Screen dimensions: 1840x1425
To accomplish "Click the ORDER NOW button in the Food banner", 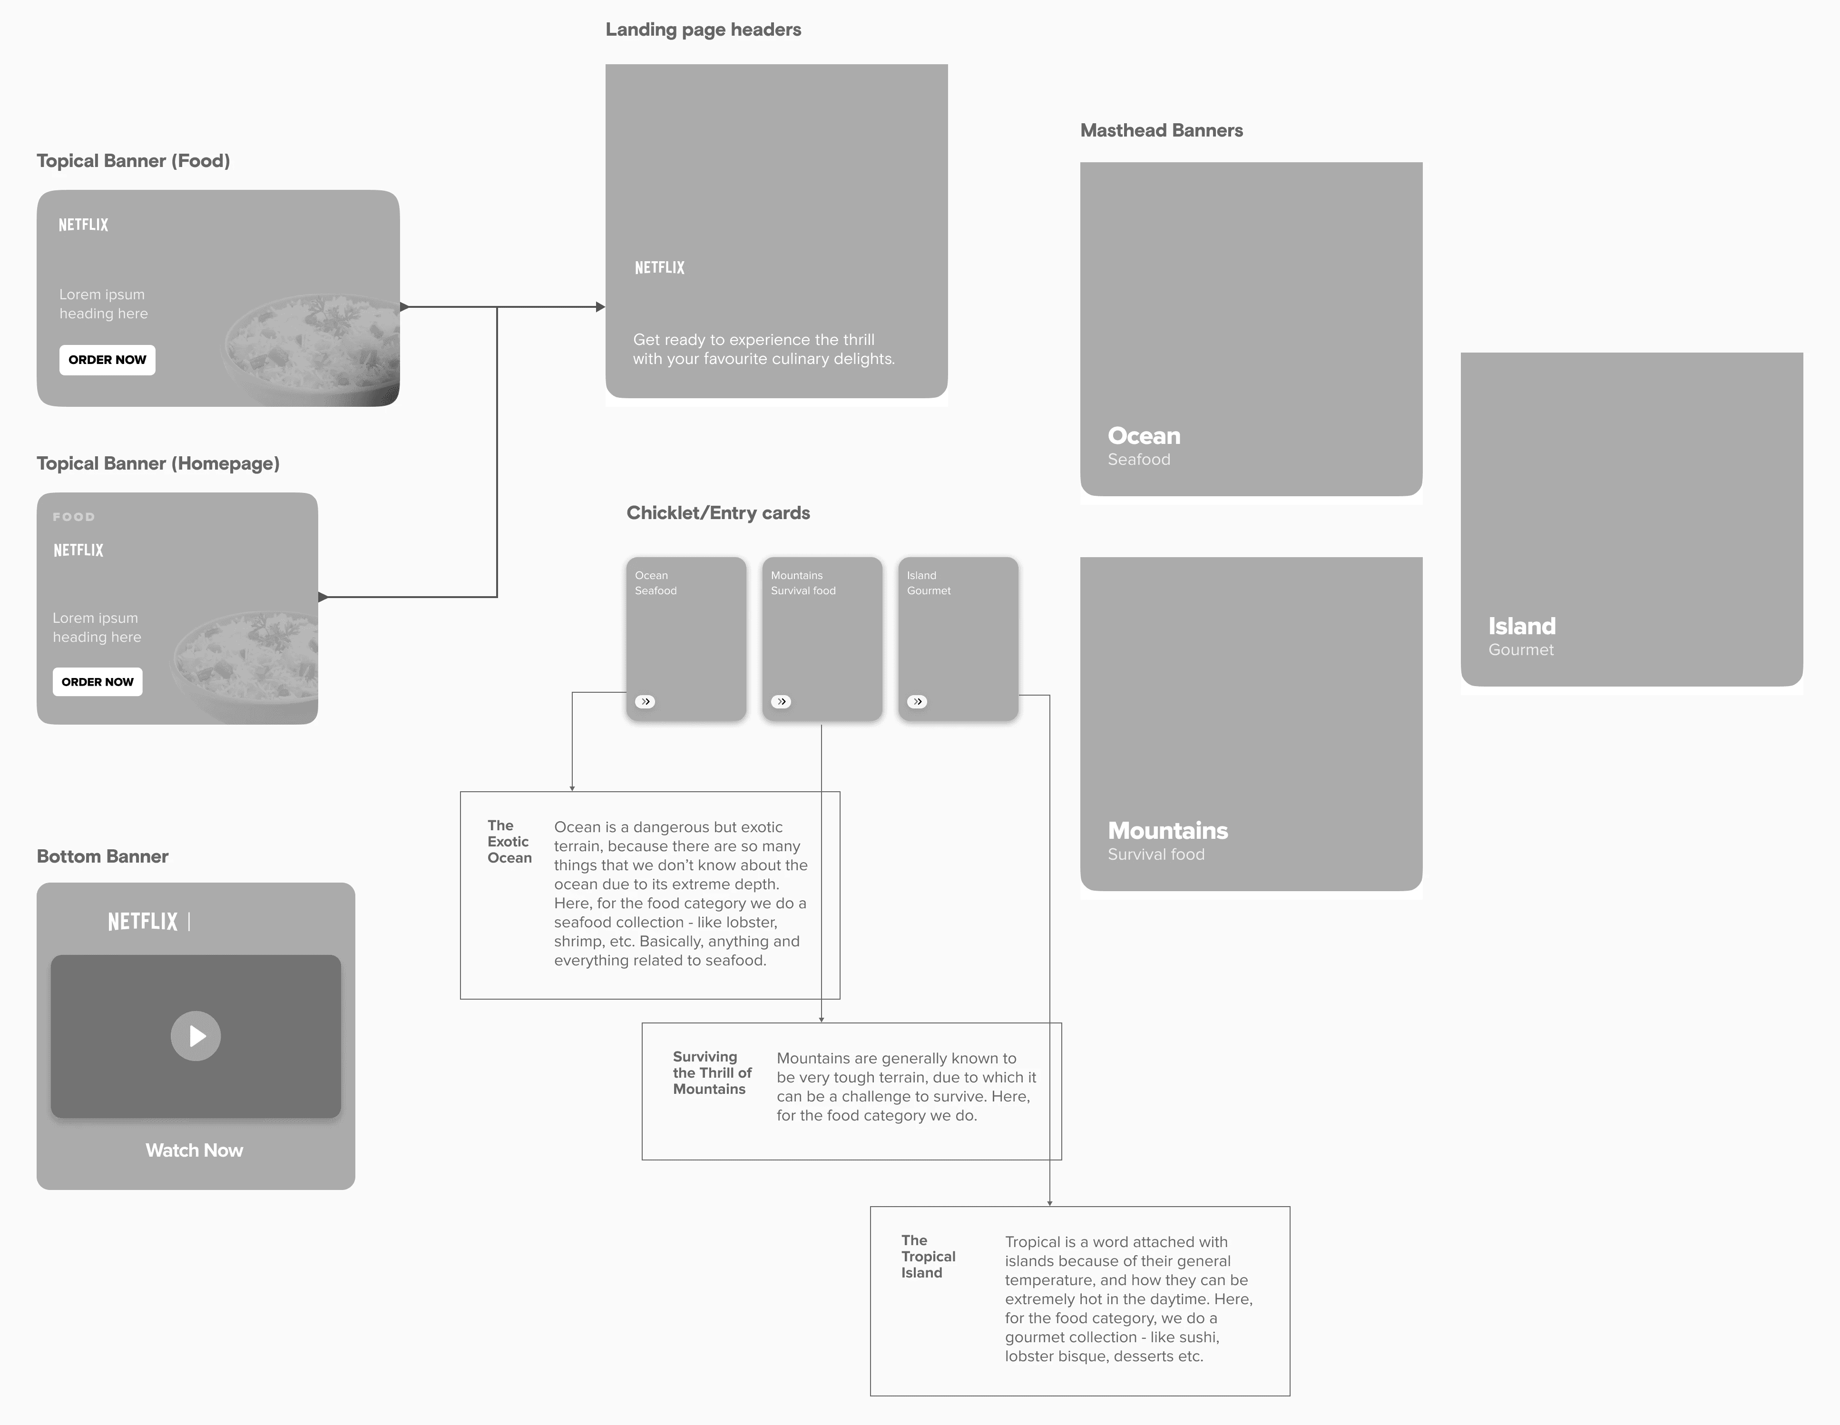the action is pos(107,360).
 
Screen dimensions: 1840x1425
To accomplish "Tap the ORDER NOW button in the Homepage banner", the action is pos(98,682).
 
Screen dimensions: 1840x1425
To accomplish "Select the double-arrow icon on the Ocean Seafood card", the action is pos(646,701).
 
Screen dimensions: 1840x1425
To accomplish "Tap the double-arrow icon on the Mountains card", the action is pos(781,701).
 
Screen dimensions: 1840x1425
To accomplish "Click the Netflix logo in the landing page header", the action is pos(660,267).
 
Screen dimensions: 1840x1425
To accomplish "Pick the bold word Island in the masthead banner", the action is pos(1522,626).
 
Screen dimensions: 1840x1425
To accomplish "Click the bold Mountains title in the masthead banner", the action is pos(1168,831).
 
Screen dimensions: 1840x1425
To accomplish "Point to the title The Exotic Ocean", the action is pos(509,842).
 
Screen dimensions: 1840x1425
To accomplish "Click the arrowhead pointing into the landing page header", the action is pos(601,307).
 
